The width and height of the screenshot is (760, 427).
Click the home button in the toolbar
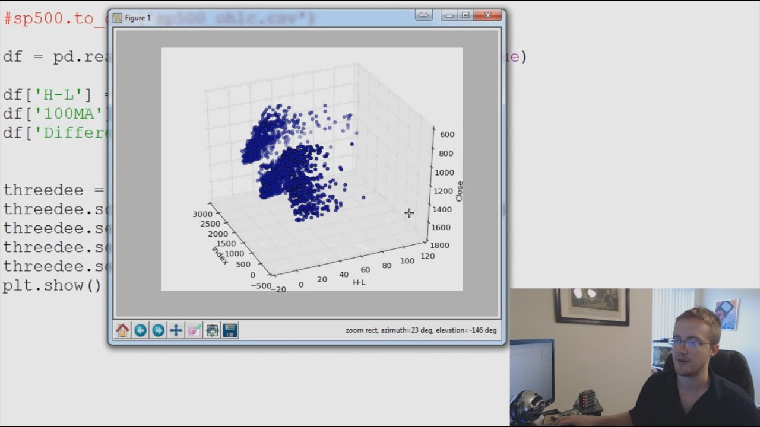click(x=122, y=330)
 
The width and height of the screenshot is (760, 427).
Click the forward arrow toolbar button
click(x=158, y=330)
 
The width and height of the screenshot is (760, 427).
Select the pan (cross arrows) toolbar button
click(x=176, y=330)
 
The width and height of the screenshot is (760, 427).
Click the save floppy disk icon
click(x=230, y=330)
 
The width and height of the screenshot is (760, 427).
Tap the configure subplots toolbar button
click(x=213, y=330)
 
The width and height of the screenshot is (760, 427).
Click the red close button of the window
click(x=488, y=15)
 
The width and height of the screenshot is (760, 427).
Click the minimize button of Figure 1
click(x=449, y=15)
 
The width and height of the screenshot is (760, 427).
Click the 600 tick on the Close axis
click(x=447, y=135)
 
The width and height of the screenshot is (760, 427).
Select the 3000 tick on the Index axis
click(x=202, y=214)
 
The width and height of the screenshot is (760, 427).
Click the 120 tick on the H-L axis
click(x=427, y=256)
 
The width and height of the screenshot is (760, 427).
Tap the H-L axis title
click(x=359, y=282)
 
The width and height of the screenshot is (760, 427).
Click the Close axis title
click(x=460, y=191)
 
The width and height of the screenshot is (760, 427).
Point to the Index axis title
click(x=220, y=255)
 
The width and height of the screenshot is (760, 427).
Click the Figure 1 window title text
click(x=138, y=18)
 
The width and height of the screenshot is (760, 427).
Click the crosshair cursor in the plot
click(x=409, y=213)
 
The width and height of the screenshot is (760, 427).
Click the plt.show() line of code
click(x=52, y=285)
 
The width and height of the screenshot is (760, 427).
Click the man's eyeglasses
click(x=690, y=343)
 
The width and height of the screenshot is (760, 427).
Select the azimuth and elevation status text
click(x=421, y=330)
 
